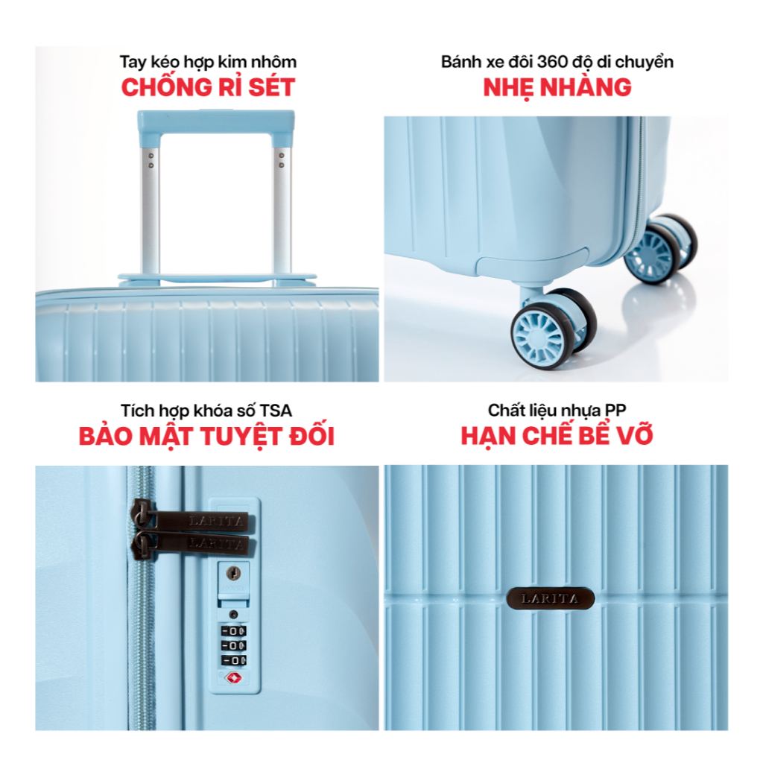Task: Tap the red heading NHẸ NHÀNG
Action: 557,88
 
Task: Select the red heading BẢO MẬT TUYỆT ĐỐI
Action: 207,435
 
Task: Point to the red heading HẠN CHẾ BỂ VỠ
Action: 557,435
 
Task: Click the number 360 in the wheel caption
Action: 552,62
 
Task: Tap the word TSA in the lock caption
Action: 276,411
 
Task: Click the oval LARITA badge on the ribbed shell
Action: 551,598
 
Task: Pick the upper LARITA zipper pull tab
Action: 194,519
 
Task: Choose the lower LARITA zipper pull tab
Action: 194,544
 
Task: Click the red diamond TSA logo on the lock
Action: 233,677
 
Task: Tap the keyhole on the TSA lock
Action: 234,574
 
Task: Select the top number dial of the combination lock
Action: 234,631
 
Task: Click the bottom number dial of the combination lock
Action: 234,660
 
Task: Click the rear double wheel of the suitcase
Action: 660,249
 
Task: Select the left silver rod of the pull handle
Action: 150,209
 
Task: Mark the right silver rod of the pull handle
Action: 282,209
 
